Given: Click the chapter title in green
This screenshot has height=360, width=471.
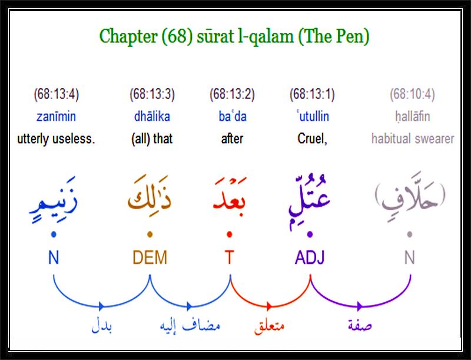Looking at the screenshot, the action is click(234, 37).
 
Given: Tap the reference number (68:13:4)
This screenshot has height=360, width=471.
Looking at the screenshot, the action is click(56, 94).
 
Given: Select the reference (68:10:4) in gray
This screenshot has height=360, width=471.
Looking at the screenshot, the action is click(413, 94).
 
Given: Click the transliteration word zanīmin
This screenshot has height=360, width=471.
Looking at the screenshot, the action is click(56, 116).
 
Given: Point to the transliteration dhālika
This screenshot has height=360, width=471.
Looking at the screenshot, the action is click(152, 116).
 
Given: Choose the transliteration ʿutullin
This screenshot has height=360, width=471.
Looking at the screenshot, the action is click(313, 116).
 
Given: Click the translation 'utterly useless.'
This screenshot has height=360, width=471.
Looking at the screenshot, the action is click(56, 139).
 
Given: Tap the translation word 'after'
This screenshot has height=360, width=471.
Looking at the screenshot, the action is click(232, 139).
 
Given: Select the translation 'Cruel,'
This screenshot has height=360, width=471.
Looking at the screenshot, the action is click(313, 139).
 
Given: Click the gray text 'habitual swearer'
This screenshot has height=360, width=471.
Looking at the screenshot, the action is click(413, 139).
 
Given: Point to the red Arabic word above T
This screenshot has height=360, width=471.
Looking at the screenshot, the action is click(230, 194).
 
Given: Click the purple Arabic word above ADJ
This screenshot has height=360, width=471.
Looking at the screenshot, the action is click(310, 202).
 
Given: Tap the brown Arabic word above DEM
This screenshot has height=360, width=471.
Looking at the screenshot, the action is click(150, 193).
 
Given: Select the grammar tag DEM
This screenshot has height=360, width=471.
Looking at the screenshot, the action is click(150, 258).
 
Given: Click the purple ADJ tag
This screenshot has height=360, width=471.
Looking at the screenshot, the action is click(310, 258).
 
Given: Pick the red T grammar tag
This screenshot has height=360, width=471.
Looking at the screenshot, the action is click(229, 258).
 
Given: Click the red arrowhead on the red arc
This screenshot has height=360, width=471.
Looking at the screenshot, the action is click(269, 306).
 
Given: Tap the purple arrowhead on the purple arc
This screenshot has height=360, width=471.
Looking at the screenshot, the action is click(360, 306).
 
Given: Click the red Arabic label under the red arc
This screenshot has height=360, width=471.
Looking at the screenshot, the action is click(270, 326).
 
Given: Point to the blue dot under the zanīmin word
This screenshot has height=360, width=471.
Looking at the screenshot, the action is click(54, 235).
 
